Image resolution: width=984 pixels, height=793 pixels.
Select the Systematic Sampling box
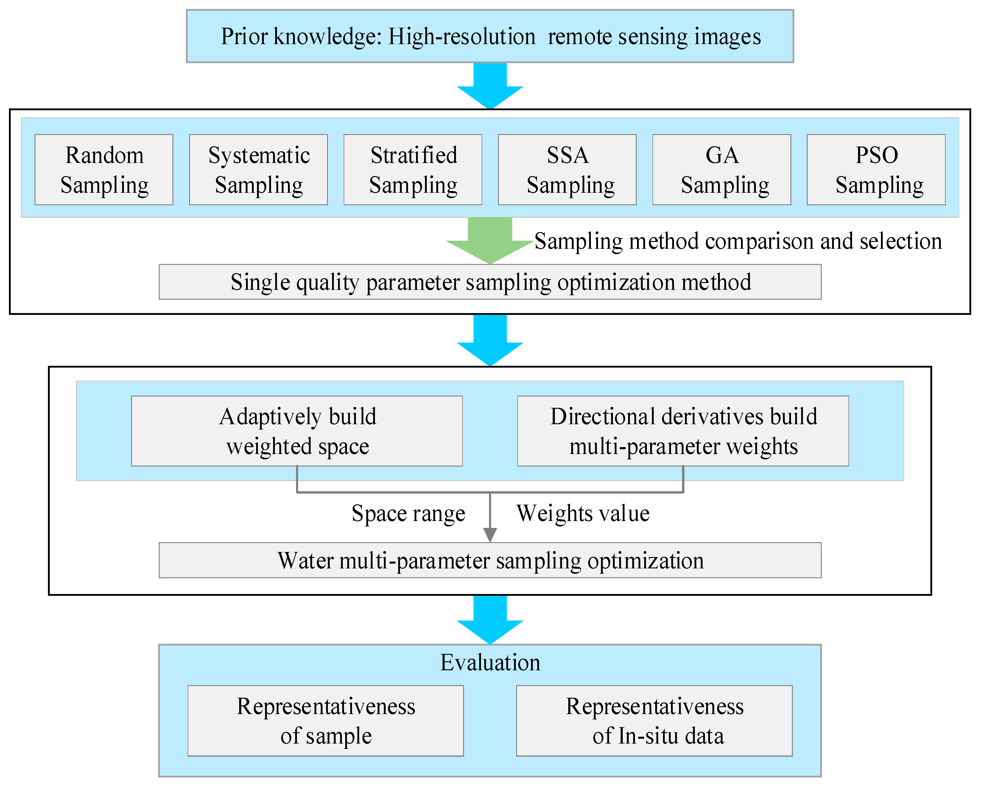pyautogui.click(x=259, y=170)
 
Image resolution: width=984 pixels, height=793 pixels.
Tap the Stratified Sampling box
pyautogui.click(x=413, y=170)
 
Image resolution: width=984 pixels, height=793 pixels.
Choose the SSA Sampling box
pyautogui.click(x=567, y=170)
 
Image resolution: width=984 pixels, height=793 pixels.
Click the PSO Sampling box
pyautogui.click(x=876, y=170)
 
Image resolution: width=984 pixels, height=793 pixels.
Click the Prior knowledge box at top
pyautogui.click(x=490, y=36)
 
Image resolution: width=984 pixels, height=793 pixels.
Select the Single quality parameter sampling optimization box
pyautogui.click(x=490, y=282)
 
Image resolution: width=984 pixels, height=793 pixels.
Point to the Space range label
pyautogui.click(x=408, y=514)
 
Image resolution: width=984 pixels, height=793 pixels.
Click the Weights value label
pyautogui.click(x=583, y=514)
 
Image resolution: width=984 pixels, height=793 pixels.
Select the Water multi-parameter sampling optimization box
pyautogui.click(x=490, y=560)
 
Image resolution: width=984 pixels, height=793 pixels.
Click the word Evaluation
pyautogui.click(x=490, y=662)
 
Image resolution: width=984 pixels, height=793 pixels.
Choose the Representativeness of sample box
pyautogui.click(x=326, y=721)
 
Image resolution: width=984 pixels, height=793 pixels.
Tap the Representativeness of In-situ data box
pyautogui.click(x=654, y=721)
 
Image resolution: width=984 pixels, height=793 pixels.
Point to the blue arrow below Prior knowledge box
pyautogui.click(x=490, y=86)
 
